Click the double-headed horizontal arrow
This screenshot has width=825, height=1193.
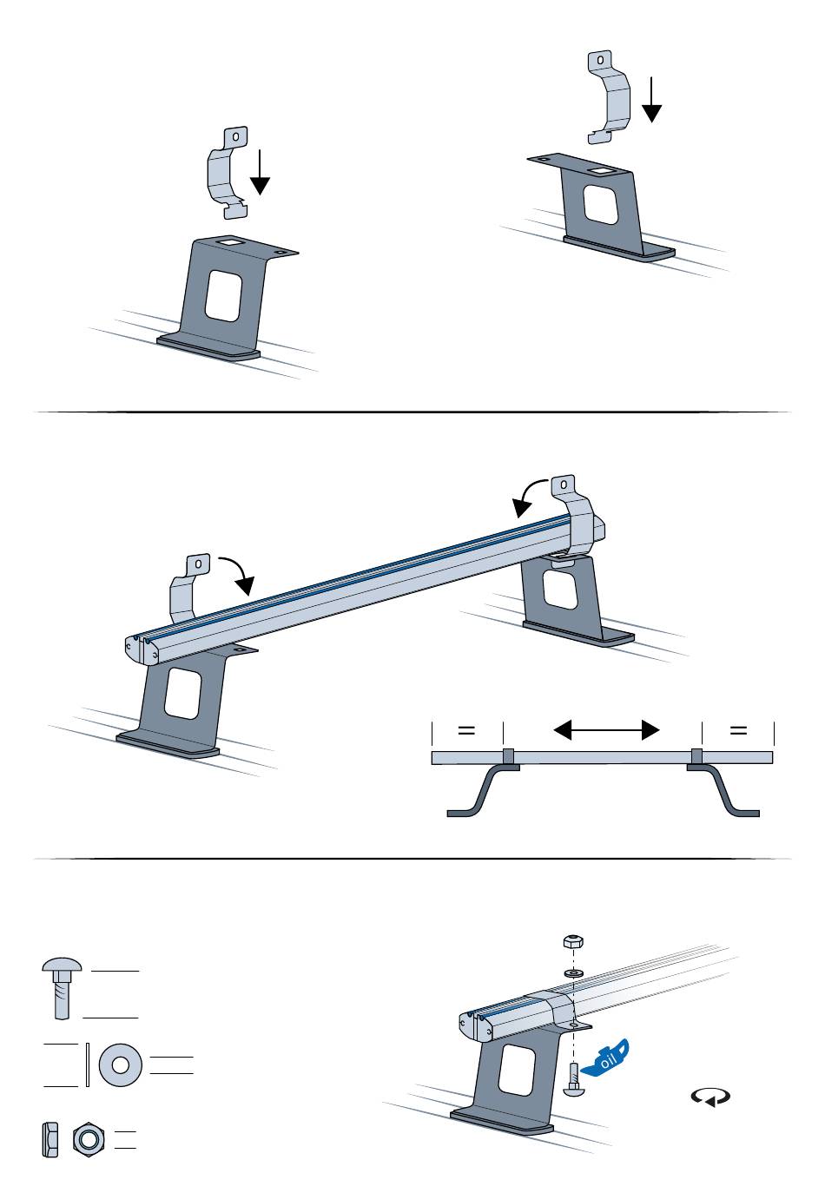click(x=606, y=730)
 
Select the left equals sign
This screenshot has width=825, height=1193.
click(x=466, y=730)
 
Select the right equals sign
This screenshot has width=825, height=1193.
click(x=738, y=730)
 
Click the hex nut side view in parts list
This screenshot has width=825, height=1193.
click(x=49, y=1138)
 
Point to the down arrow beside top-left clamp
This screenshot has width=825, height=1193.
click(x=260, y=174)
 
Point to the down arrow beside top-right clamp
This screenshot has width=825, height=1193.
click(x=651, y=100)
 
